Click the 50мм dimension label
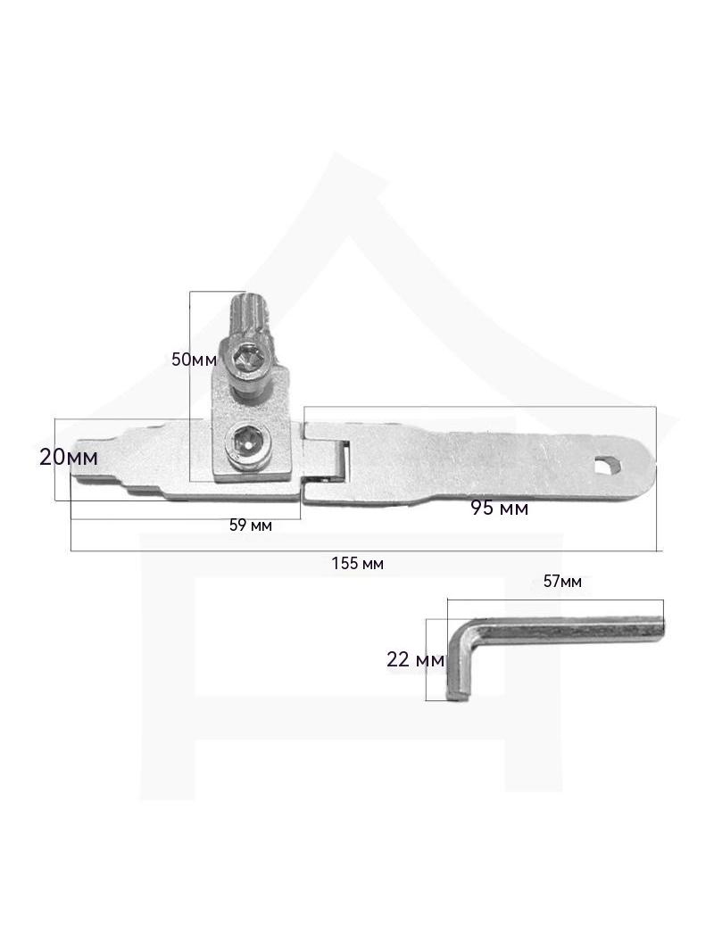click(195, 359)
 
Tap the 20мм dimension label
click(68, 457)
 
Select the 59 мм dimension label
click(251, 525)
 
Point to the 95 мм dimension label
click(499, 509)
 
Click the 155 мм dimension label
click(357, 564)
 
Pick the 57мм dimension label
click(561, 582)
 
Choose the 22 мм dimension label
click(416, 659)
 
